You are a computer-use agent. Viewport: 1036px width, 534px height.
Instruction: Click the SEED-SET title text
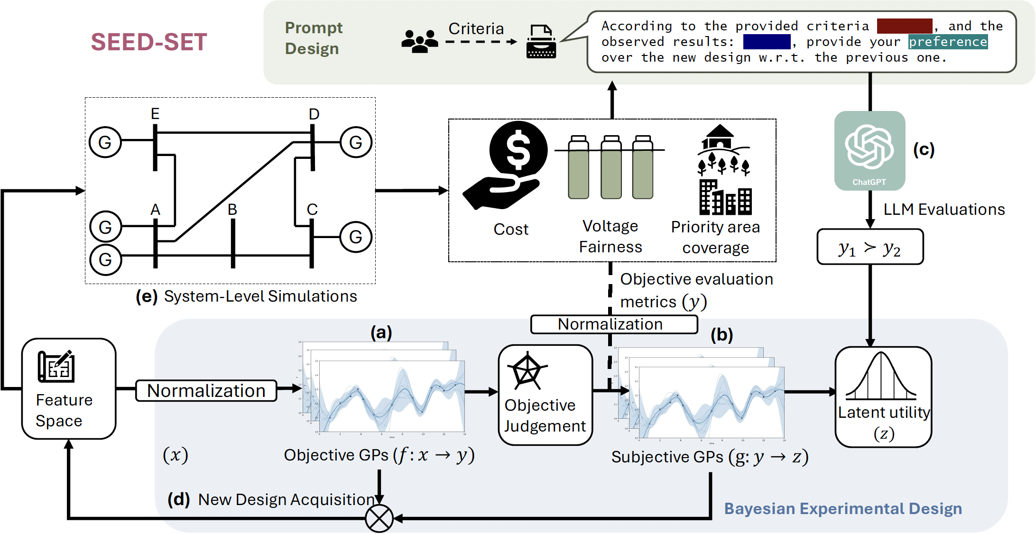coord(149,42)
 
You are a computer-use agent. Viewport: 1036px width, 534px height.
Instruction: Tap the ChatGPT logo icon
coord(869,147)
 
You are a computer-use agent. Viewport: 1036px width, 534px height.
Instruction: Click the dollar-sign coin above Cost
coord(518,150)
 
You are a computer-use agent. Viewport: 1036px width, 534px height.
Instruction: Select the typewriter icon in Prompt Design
coord(541,42)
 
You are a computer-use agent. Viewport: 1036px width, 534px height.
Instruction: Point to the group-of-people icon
coord(419,41)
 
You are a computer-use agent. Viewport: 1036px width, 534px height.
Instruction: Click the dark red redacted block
coord(904,26)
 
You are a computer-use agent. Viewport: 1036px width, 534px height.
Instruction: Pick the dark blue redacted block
coord(767,42)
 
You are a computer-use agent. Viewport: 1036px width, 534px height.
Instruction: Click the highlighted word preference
coord(948,42)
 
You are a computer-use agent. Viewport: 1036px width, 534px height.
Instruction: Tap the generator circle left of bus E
coord(105,142)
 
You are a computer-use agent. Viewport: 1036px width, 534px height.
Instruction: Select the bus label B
coord(232,209)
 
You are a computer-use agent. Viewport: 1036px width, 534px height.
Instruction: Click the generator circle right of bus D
coord(356,142)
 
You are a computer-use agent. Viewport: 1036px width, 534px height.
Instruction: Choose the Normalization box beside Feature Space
coord(206,391)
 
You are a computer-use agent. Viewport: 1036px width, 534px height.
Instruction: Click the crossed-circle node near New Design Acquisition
coord(379,518)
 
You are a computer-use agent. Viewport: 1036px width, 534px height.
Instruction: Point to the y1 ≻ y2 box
coord(869,247)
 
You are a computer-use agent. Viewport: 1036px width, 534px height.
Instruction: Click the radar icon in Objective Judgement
coord(527,371)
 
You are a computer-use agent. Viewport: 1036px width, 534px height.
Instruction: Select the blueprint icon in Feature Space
coord(56,366)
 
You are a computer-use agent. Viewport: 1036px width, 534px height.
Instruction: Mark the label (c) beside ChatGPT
coord(924,149)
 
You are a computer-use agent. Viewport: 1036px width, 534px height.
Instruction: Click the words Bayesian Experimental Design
coord(843,508)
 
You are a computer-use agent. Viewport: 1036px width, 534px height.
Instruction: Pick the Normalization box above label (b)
coord(614,324)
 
